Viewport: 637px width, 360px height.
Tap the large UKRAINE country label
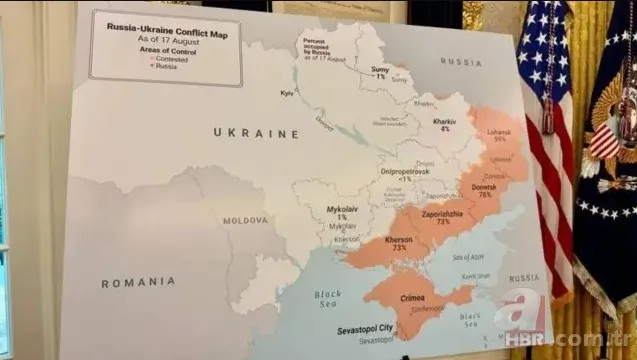tap(256, 133)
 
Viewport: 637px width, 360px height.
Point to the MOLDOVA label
tap(245, 220)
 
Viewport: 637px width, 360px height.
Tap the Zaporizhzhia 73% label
tap(442, 217)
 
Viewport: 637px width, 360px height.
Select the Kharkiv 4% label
tap(444, 125)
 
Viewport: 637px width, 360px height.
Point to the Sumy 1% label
tap(381, 72)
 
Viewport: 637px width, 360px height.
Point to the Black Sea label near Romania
tap(328, 297)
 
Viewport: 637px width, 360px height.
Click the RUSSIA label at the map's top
tap(460, 62)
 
